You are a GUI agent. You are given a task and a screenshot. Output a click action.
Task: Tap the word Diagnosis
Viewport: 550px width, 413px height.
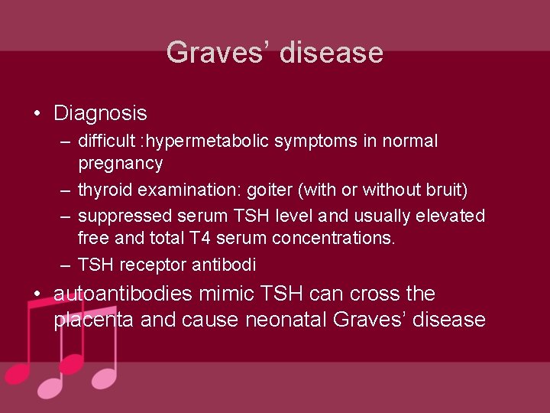coord(100,114)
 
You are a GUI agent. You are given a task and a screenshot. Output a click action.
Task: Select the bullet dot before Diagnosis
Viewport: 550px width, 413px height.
coord(37,114)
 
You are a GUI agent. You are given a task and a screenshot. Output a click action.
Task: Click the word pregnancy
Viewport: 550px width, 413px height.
coord(120,164)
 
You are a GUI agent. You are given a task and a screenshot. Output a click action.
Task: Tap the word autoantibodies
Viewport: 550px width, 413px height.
coord(124,294)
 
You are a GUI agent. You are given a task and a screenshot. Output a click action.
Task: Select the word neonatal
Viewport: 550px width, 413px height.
coord(286,320)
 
